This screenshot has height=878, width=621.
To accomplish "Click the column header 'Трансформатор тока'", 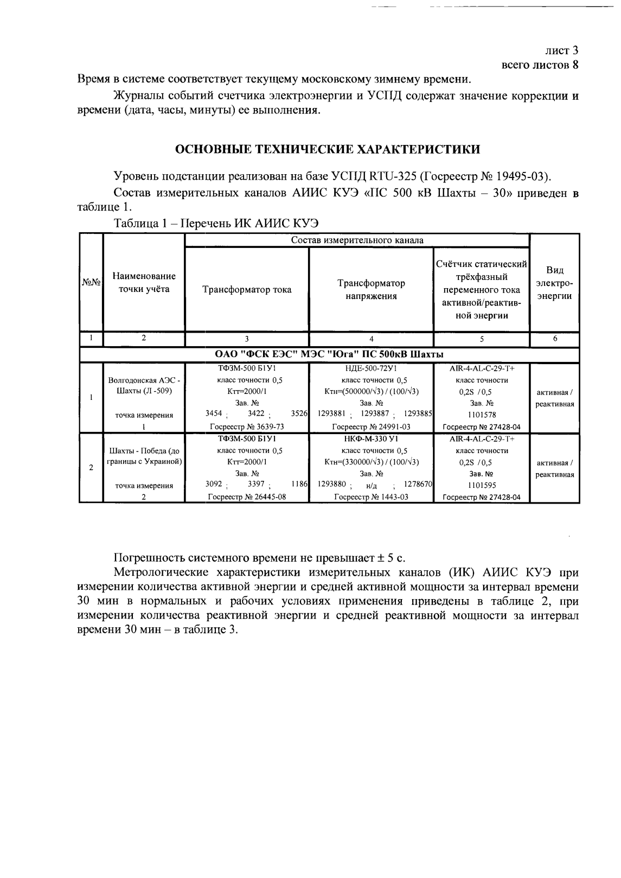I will coord(247,289).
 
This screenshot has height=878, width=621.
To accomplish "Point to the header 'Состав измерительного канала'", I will coord(357,240).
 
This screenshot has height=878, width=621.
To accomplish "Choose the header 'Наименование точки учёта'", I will coord(144,283).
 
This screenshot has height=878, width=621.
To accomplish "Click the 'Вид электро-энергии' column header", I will coord(555,283).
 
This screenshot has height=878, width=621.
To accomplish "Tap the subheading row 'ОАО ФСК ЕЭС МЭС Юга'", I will coord(329,354).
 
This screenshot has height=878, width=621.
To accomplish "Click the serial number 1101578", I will coord(482,415).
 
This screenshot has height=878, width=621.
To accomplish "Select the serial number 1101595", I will coord(482,485).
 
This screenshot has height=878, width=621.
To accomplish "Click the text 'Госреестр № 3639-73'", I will coord(247,427).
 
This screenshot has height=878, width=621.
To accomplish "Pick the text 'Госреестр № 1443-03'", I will coord(371,497).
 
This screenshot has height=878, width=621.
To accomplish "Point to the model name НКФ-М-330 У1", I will coord(371,438).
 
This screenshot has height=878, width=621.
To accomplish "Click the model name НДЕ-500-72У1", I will coord(371,368).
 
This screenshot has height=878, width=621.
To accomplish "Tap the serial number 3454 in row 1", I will coord(214,413).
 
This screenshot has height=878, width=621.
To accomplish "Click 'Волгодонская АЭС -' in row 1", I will coord(144,380).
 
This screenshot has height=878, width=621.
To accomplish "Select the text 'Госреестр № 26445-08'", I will coord(247,497).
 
